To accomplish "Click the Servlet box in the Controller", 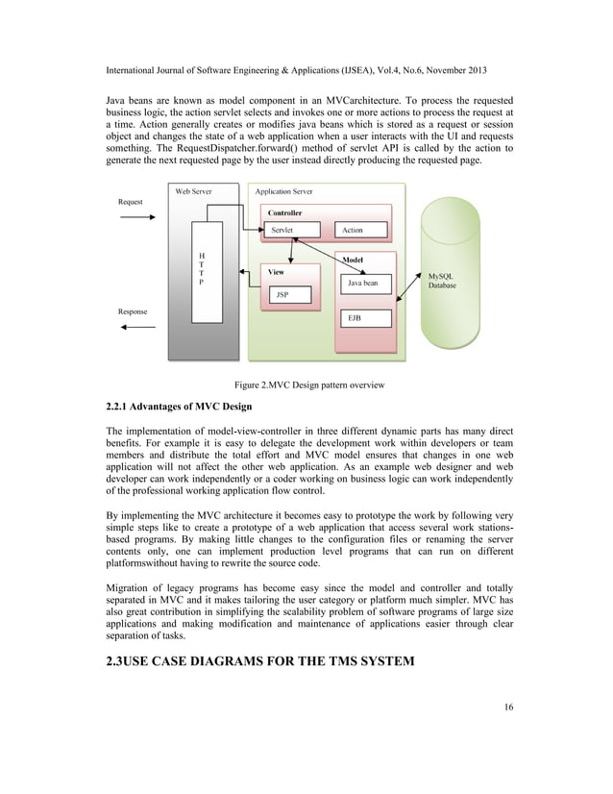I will click(x=282, y=230).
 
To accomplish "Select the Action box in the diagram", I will click(x=361, y=230).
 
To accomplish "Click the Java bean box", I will click(x=362, y=284).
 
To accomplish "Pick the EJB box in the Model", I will click(x=362, y=317).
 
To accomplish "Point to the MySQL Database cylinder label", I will click(x=442, y=281).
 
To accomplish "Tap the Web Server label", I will click(x=194, y=191).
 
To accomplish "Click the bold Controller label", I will click(x=284, y=212).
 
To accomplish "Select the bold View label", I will click(x=276, y=272).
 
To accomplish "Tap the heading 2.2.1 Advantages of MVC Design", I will click(x=178, y=406).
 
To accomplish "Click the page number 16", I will click(x=508, y=708).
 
